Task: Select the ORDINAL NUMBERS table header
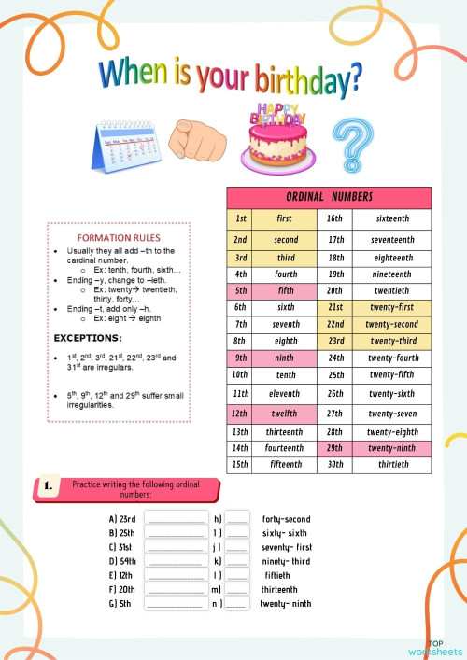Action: (x=329, y=197)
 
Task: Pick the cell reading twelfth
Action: (x=285, y=414)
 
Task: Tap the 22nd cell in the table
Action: (x=334, y=324)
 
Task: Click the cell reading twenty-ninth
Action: (x=393, y=448)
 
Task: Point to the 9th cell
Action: (x=241, y=357)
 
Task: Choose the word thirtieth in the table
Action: (x=393, y=464)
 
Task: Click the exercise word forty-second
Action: (x=286, y=519)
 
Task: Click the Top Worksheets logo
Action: (x=436, y=647)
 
